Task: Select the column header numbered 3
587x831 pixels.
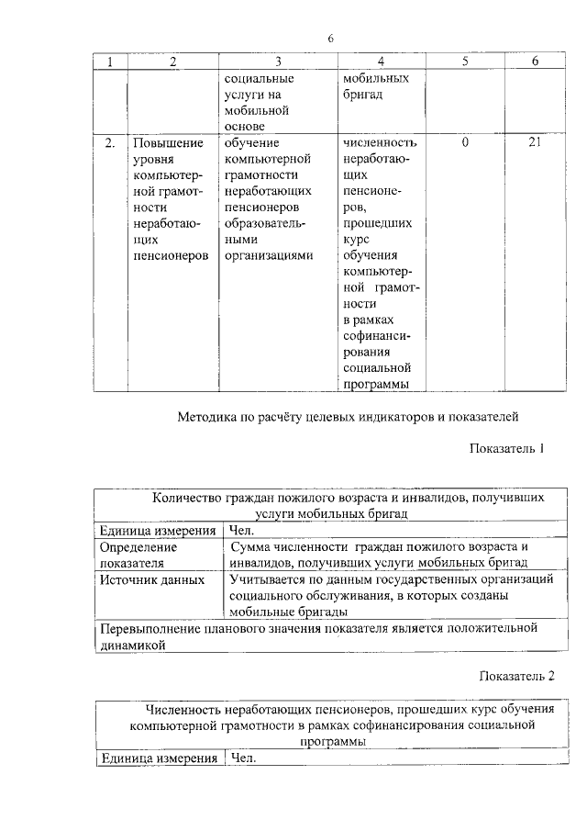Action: pyautogui.click(x=277, y=62)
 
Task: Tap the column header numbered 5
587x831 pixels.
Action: pyautogui.click(x=464, y=62)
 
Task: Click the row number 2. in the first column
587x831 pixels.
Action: pyautogui.click(x=110, y=143)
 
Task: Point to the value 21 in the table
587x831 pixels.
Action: pyautogui.click(x=537, y=143)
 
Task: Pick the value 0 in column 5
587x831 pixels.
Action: pyautogui.click(x=465, y=143)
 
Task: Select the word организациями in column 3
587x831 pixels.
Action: pyautogui.click(x=269, y=255)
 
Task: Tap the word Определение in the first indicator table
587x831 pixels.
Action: pyautogui.click(x=138, y=547)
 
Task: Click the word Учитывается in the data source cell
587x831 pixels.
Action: pyautogui.click(x=271, y=580)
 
